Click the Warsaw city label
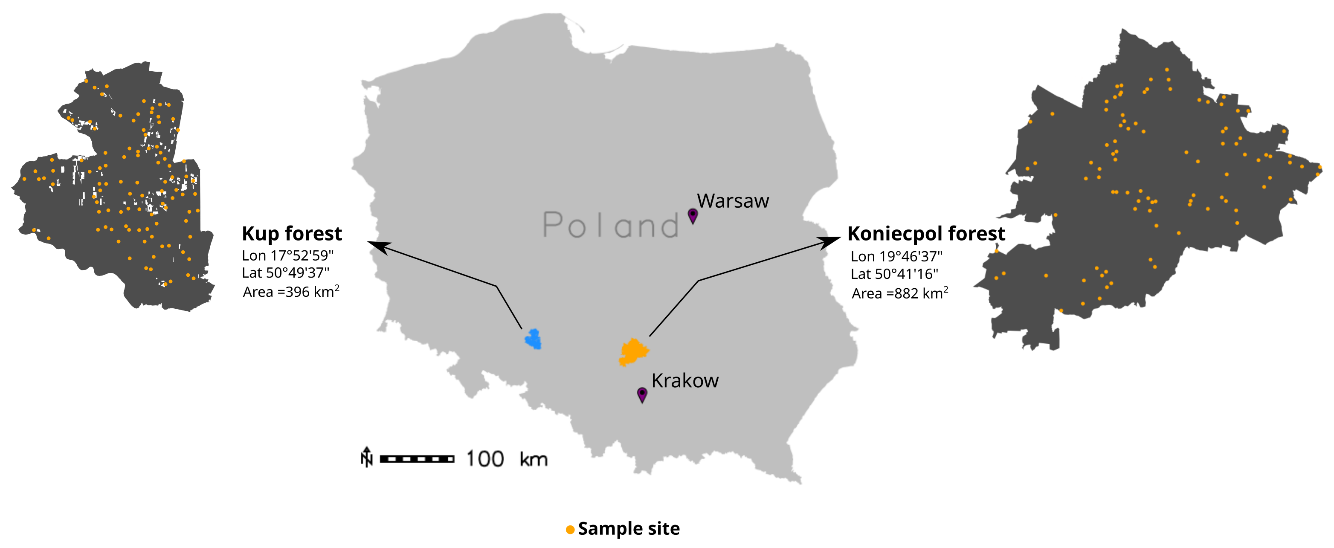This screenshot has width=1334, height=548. (x=732, y=201)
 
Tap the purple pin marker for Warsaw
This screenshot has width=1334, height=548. (x=693, y=215)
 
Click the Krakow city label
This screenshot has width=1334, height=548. (x=684, y=381)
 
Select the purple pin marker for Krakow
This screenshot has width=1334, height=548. (x=641, y=394)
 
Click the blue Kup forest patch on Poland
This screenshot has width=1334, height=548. (x=533, y=339)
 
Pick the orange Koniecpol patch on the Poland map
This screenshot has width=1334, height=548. (x=633, y=352)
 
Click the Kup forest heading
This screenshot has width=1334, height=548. (x=292, y=234)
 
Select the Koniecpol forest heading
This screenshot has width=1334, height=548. (x=926, y=234)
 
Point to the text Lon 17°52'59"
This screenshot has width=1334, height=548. (x=287, y=255)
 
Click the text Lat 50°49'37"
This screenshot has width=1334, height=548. (x=285, y=273)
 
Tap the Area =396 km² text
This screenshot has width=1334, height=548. (x=291, y=291)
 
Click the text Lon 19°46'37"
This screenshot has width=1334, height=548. (x=896, y=256)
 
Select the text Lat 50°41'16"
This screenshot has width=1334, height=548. (x=894, y=273)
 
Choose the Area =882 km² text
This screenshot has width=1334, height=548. (x=899, y=293)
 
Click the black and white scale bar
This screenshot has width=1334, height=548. (x=417, y=459)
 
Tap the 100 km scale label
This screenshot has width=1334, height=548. (x=506, y=459)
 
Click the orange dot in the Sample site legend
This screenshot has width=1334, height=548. (x=570, y=529)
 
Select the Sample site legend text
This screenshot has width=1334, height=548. (x=628, y=528)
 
